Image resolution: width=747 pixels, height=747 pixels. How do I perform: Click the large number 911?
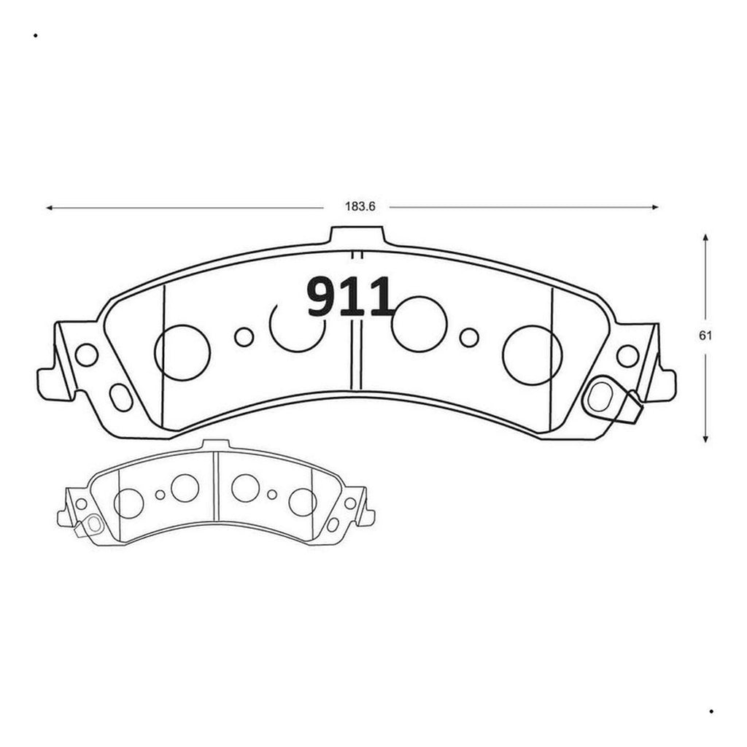pyautogui.click(x=351, y=298)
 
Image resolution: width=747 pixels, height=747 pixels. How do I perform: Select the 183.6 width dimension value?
pyautogui.click(x=360, y=206)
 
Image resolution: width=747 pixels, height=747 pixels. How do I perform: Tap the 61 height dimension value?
pyautogui.click(x=705, y=336)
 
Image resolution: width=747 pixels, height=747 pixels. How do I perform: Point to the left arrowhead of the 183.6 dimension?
pyautogui.click(x=49, y=208)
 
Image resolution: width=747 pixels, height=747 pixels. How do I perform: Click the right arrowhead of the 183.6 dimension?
pyautogui.click(x=655, y=207)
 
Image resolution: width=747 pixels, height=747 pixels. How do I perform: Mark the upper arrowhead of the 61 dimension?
pyautogui.click(x=705, y=237)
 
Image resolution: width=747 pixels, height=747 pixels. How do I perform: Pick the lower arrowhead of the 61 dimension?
pyautogui.click(x=705, y=438)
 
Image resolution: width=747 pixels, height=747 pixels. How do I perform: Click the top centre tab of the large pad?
pyautogui.click(x=357, y=236)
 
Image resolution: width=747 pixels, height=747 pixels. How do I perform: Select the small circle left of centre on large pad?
pyautogui.click(x=244, y=337)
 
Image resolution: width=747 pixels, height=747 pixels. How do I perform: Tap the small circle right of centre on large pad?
pyautogui.click(x=469, y=337)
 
